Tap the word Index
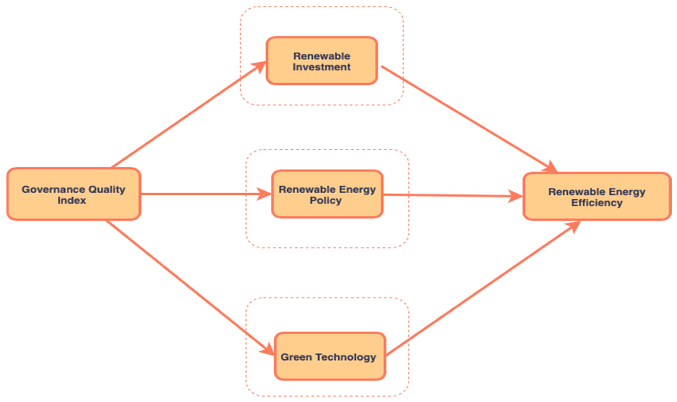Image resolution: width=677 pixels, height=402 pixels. point(72,200)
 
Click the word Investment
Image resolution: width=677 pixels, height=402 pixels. point(322,67)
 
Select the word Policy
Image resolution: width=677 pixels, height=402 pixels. point(326,200)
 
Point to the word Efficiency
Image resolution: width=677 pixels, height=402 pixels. point(597,203)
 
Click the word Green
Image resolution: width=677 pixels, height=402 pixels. point(296,357)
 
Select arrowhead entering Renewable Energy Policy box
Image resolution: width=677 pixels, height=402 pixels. point(264,194)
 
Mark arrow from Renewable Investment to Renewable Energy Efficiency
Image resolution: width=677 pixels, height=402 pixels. point(467,116)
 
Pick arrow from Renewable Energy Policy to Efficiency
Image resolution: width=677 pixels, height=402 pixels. point(450,195)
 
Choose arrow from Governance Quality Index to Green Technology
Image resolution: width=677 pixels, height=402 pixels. point(187,284)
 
